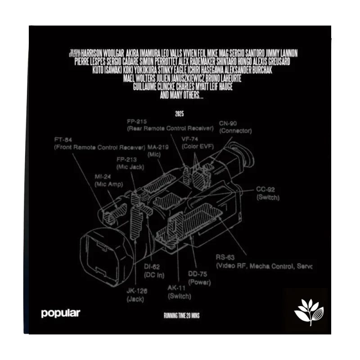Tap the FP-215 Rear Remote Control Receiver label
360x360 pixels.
(x=170, y=125)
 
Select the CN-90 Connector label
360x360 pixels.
(x=235, y=127)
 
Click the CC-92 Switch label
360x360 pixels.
(x=268, y=193)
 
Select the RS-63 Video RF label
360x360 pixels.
(x=263, y=262)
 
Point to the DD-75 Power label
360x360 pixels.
(x=198, y=278)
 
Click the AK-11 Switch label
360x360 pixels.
(x=179, y=292)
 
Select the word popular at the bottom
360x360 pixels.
(x=60, y=314)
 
